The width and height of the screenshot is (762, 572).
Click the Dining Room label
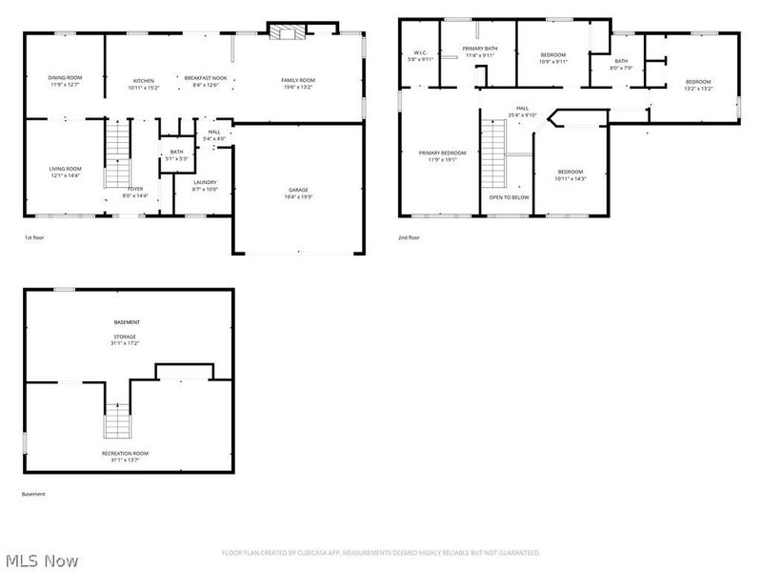point(65,77)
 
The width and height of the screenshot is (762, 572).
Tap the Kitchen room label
point(144,81)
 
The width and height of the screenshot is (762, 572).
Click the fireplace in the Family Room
point(283,33)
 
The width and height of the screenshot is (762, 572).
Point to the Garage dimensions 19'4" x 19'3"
point(299,196)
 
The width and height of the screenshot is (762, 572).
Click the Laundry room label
point(205,182)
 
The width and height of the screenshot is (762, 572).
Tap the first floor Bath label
point(177,152)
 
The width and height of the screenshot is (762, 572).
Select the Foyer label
point(135,189)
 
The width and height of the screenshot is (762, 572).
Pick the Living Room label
point(65,169)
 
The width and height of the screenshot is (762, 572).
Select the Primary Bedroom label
point(442,153)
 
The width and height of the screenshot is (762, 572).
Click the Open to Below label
point(510,197)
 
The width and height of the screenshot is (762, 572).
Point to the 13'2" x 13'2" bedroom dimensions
point(698,89)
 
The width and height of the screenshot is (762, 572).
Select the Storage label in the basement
point(127,337)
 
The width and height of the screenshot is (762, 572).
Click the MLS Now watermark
point(42,561)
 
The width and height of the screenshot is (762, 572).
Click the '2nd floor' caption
point(409,237)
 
